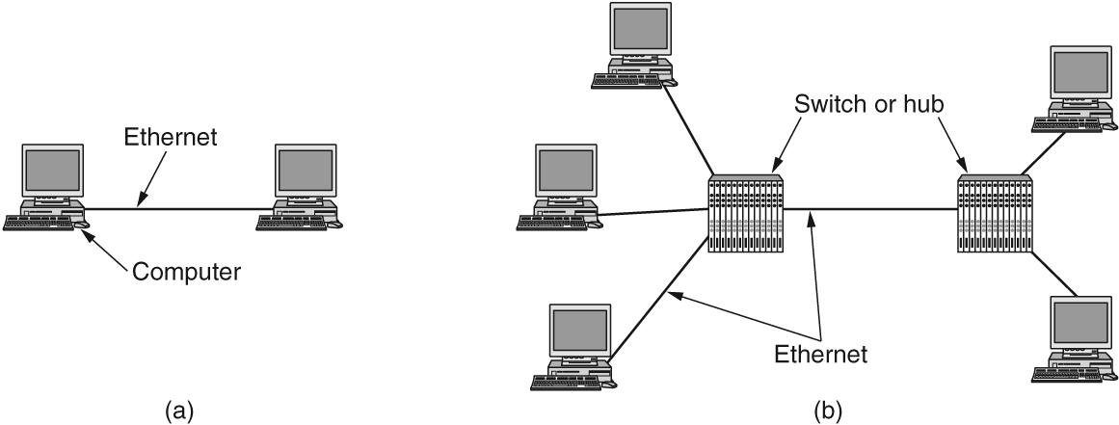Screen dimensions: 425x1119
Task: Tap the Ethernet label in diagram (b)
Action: (x=819, y=354)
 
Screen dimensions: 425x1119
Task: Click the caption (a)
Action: (x=179, y=412)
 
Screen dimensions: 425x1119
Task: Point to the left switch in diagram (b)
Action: (x=744, y=214)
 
